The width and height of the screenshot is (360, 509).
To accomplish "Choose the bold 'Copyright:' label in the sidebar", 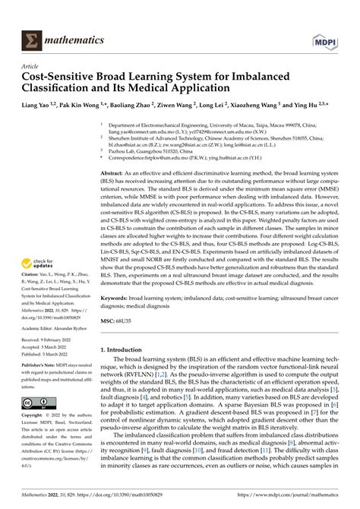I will point(35,418).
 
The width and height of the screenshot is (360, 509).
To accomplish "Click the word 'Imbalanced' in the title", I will point(282,76).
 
